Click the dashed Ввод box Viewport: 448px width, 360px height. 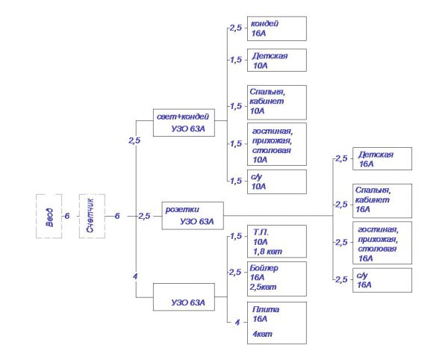(48, 216)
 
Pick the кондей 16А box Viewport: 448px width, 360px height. (277, 28)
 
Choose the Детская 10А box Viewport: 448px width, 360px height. (277, 60)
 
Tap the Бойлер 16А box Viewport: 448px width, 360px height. (277, 277)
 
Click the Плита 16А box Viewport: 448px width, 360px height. (277, 322)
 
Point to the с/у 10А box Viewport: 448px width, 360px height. (277, 181)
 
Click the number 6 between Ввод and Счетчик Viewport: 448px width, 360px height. (67, 216)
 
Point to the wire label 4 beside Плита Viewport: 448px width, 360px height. (237, 323)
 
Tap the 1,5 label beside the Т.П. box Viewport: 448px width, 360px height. (236, 237)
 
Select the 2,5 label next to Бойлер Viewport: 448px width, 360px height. (236, 272)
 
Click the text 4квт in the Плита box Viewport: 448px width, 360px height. (262, 334)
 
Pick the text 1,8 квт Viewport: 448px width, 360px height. (267, 252)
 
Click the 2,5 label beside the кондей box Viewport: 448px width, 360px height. (236, 28)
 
